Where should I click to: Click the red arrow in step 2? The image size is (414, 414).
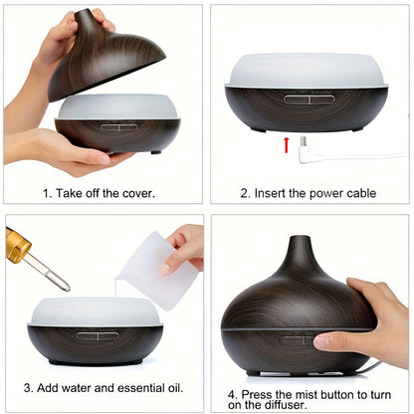287,146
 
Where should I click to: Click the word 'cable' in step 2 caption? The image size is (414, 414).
355,192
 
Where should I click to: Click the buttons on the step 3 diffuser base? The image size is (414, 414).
97,335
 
